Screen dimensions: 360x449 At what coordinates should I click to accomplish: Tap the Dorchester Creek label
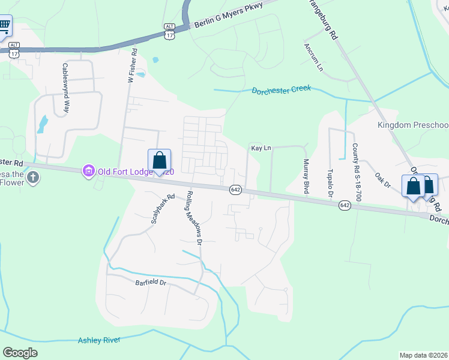coord(281,91)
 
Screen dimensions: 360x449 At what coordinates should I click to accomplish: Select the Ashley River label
coord(99,340)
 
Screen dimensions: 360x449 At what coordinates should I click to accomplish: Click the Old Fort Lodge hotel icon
coord(89,172)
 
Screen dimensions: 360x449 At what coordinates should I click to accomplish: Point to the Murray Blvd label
coord(306,176)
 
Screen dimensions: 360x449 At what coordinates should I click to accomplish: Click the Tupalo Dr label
coord(330,184)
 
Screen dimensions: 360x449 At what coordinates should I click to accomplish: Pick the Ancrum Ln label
coord(313,58)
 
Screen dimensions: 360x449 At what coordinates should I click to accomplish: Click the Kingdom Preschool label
coord(413,125)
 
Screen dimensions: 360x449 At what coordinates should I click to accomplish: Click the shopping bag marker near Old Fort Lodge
coord(159,161)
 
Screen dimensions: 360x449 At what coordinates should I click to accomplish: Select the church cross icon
coord(33,178)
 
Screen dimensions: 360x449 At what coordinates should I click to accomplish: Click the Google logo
coord(21,353)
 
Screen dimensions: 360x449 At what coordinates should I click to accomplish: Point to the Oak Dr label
coord(382,181)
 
